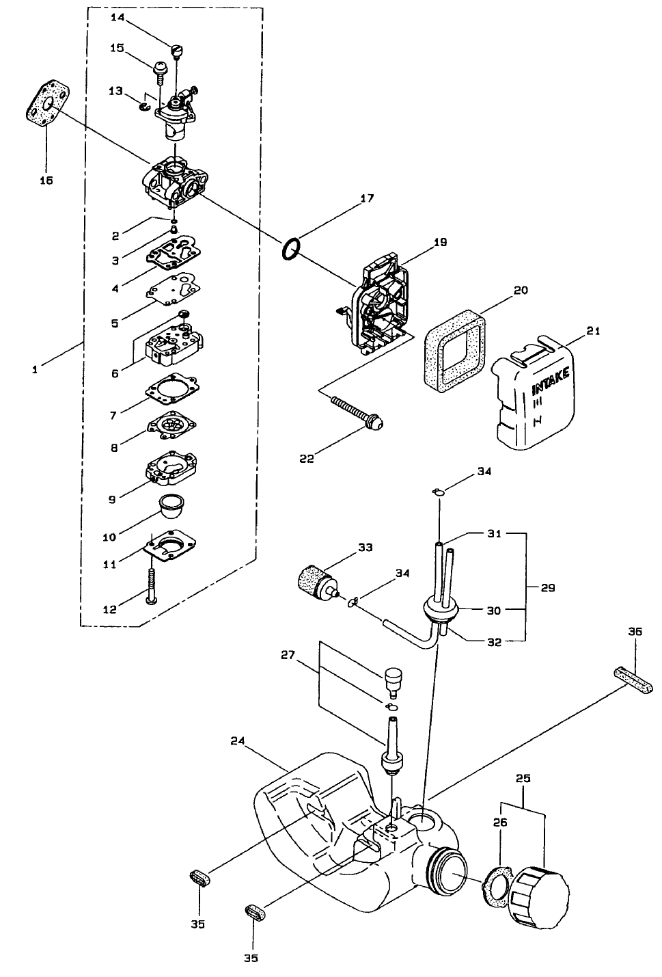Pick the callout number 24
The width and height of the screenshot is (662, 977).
(237, 740)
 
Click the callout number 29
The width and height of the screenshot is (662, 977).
(548, 587)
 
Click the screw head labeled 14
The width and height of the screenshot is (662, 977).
(176, 50)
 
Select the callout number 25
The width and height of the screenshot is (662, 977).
(523, 779)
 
